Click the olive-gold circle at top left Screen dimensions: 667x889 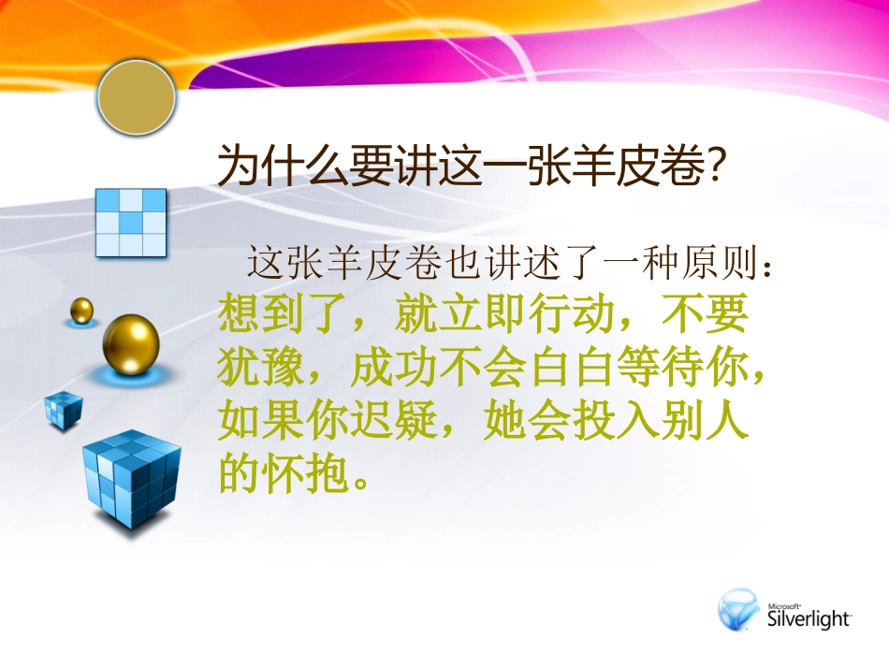pyautogui.click(x=137, y=97)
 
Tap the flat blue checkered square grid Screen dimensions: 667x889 pyautogui.click(x=132, y=223)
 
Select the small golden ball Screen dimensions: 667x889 pyautogui.click(x=82, y=310)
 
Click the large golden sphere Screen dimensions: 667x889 pyautogui.click(x=131, y=345)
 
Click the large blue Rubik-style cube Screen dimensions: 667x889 pyautogui.click(x=131, y=478)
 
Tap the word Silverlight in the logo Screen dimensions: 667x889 pyautogui.click(x=809, y=617)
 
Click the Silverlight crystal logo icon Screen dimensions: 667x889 pyautogui.click(x=739, y=610)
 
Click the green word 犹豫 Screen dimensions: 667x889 pyautogui.click(x=249, y=369)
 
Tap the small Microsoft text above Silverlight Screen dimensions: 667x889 pyautogui.click(x=784, y=603)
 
